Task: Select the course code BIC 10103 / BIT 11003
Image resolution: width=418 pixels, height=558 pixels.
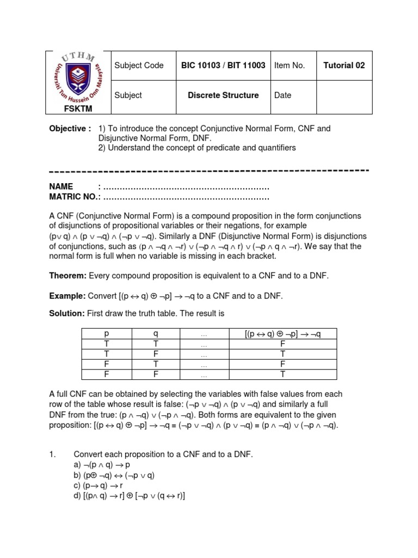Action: click(223, 65)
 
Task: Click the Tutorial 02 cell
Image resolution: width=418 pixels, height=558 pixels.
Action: click(344, 65)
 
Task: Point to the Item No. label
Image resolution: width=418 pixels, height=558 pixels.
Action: click(290, 65)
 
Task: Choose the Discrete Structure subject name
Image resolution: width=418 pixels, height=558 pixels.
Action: click(223, 95)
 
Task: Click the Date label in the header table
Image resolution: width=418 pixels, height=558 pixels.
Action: click(283, 95)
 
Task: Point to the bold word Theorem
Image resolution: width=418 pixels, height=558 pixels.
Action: click(68, 276)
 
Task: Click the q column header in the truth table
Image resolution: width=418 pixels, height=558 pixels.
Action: click(155, 333)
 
